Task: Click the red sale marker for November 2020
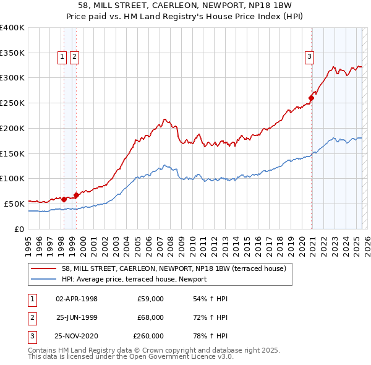[x=312, y=97]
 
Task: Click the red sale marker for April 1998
[x=64, y=199]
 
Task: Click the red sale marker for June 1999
[x=76, y=195]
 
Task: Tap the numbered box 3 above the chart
[x=309, y=58]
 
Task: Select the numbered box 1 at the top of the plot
[x=62, y=58]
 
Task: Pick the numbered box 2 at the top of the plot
[x=74, y=58]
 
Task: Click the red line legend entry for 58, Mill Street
[x=174, y=269]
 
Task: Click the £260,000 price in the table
[x=148, y=336]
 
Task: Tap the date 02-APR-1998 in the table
[x=77, y=299]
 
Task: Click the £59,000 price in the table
[x=151, y=299]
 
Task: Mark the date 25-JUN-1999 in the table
[x=77, y=317]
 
